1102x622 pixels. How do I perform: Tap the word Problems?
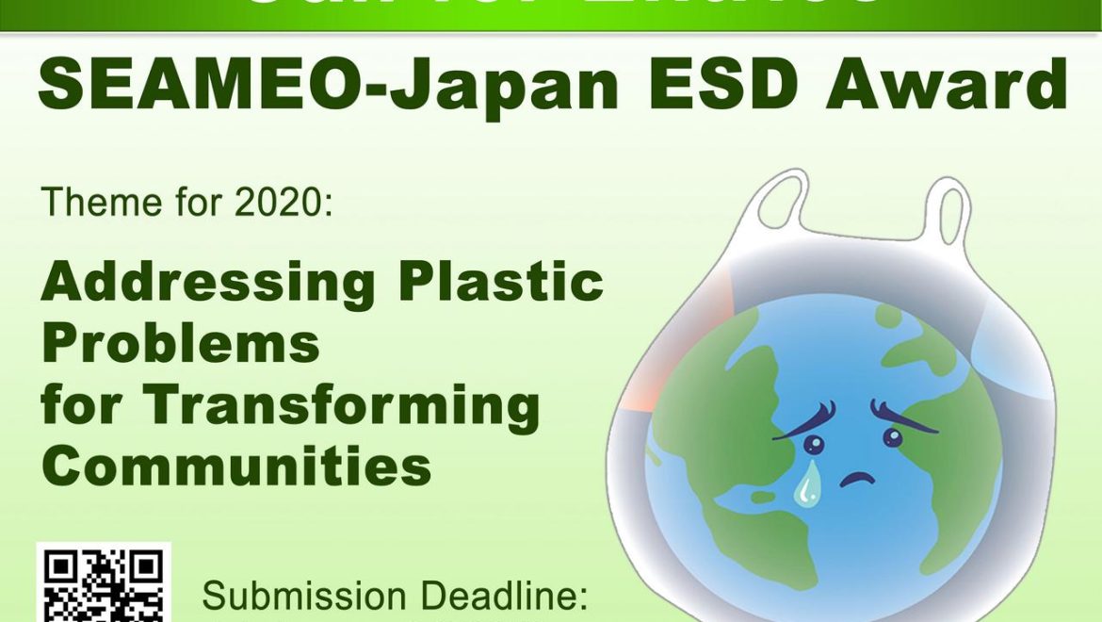point(181,343)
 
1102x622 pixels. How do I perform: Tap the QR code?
point(104,584)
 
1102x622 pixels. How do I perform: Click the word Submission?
point(304,597)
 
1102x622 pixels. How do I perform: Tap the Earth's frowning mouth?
point(858,477)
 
